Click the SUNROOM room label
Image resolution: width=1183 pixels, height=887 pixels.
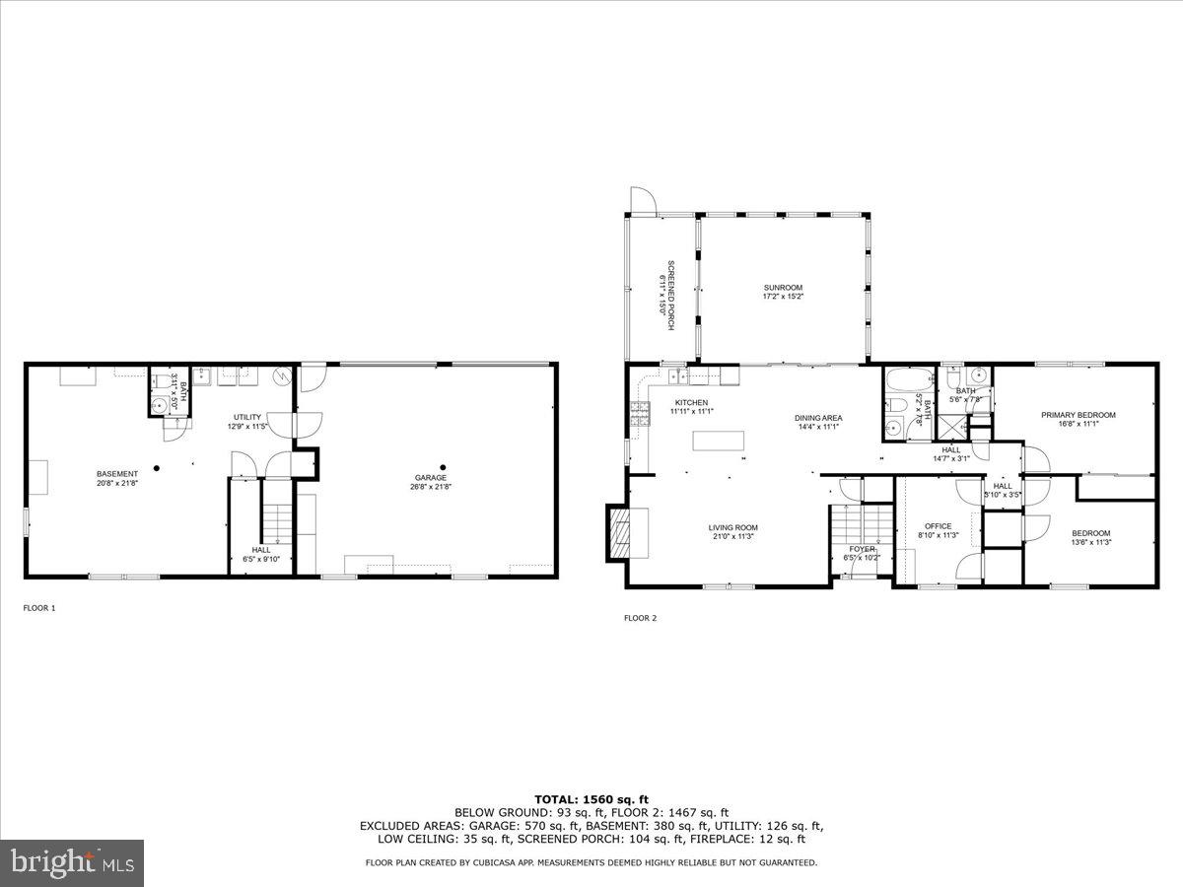coord(783,288)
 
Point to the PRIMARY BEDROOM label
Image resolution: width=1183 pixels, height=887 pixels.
coord(1079,415)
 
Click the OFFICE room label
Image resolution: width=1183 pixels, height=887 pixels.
coord(938,526)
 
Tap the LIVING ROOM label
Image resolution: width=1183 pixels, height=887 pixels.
coord(732,527)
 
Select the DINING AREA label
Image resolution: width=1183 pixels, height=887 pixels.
coord(818,418)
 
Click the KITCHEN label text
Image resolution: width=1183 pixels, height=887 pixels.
coord(691,403)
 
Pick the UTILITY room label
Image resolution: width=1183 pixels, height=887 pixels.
coord(247,417)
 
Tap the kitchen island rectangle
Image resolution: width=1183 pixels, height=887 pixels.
coord(718,441)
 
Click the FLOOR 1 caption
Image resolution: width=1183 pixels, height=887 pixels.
coord(39,608)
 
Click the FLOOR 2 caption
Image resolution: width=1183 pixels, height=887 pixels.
coord(640,618)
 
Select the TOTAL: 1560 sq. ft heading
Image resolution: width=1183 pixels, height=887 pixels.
coord(591,799)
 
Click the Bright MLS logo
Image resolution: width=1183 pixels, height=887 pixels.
coord(72,862)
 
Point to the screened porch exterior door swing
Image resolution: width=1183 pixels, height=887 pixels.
coord(639,200)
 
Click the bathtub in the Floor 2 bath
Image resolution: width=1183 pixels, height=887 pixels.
coord(901,381)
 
